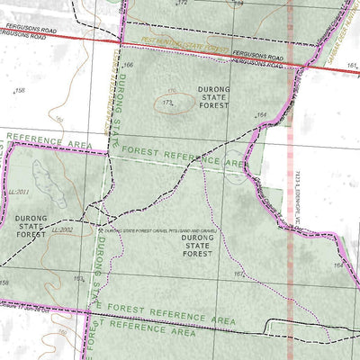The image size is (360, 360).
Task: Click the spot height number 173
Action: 167,103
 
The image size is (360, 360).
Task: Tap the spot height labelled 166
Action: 128,66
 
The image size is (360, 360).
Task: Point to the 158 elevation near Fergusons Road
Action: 21,90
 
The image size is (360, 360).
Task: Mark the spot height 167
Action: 238,274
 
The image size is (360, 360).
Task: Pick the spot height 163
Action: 78,279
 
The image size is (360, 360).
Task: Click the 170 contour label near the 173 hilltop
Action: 171,92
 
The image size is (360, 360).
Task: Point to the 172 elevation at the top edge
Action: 184,4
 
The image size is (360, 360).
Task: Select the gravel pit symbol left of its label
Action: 99,230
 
